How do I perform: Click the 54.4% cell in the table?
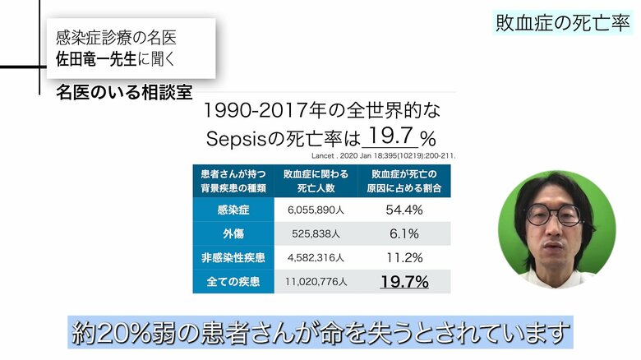[404, 210]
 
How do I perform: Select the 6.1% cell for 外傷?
[404, 233]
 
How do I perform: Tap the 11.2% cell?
[404, 257]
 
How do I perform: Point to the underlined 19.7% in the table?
[404, 282]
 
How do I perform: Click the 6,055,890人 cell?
[317, 210]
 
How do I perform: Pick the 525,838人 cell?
[317, 233]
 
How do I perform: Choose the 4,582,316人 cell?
[317, 257]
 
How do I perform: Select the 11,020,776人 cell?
[317, 282]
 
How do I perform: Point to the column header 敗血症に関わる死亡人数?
[317, 181]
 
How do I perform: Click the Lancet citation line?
[384, 154]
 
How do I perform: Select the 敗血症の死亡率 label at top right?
[563, 22]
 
